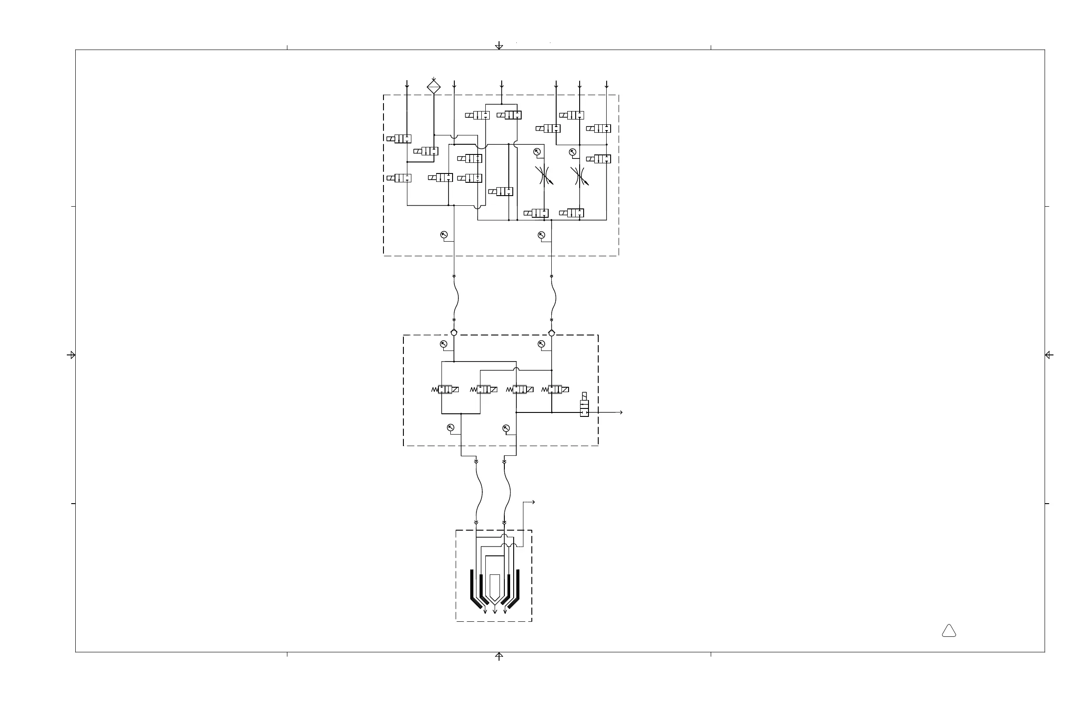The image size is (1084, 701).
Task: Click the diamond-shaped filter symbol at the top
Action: (x=434, y=86)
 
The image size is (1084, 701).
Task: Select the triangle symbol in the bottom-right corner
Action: (x=949, y=631)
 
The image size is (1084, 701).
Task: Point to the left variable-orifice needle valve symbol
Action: (x=544, y=175)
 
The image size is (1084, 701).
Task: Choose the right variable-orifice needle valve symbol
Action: (x=579, y=176)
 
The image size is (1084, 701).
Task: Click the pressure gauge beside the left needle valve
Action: (x=537, y=152)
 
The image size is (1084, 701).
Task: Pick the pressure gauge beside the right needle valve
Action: (x=573, y=152)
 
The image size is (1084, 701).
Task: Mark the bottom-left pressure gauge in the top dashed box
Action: (x=444, y=235)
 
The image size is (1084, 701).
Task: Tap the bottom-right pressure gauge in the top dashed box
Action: (x=542, y=235)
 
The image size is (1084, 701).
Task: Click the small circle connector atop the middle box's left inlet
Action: (x=453, y=333)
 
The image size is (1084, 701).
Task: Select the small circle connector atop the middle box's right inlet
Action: (x=552, y=333)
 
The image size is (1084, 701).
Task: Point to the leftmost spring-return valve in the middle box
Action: (x=445, y=389)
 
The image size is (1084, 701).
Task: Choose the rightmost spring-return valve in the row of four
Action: (x=555, y=389)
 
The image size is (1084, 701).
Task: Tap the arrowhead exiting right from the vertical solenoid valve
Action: (x=621, y=412)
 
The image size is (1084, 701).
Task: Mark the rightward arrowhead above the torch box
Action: (x=533, y=503)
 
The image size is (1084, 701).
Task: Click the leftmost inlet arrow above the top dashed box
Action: (x=407, y=85)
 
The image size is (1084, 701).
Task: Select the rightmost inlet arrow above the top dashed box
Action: (x=607, y=85)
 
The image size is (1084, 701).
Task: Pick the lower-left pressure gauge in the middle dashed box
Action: (x=450, y=428)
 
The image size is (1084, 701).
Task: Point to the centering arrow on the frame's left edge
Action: (x=71, y=355)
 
